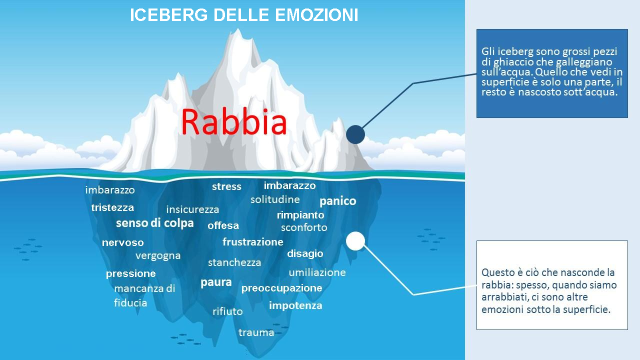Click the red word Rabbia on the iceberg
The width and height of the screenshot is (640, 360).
coord(233,121)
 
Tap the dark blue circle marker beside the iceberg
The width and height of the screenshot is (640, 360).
coord(355,134)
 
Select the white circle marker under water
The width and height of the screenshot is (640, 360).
coord(355,241)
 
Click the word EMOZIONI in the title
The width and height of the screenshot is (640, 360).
coord(316,15)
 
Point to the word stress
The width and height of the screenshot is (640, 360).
coord(226,186)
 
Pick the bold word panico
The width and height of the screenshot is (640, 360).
coord(337,201)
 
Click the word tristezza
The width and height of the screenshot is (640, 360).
coord(112,207)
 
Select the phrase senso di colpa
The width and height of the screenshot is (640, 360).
coord(155,223)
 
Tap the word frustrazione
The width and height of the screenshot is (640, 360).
coord(253,242)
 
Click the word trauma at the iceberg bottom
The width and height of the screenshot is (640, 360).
coord(256,332)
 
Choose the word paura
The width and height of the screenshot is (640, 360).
coord(216,282)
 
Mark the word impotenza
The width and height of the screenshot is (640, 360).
coord(295,305)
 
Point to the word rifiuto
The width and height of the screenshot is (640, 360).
coord(227,311)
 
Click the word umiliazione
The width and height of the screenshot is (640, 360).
coord(317,272)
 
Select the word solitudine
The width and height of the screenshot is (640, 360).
coord(275,199)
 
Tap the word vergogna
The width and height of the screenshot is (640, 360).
coord(158,256)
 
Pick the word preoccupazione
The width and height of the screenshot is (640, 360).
coord(281,288)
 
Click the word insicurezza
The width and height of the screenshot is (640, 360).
coord(192,209)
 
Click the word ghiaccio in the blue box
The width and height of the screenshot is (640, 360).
coord(513,62)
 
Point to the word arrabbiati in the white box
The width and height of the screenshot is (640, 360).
coord(505,297)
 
